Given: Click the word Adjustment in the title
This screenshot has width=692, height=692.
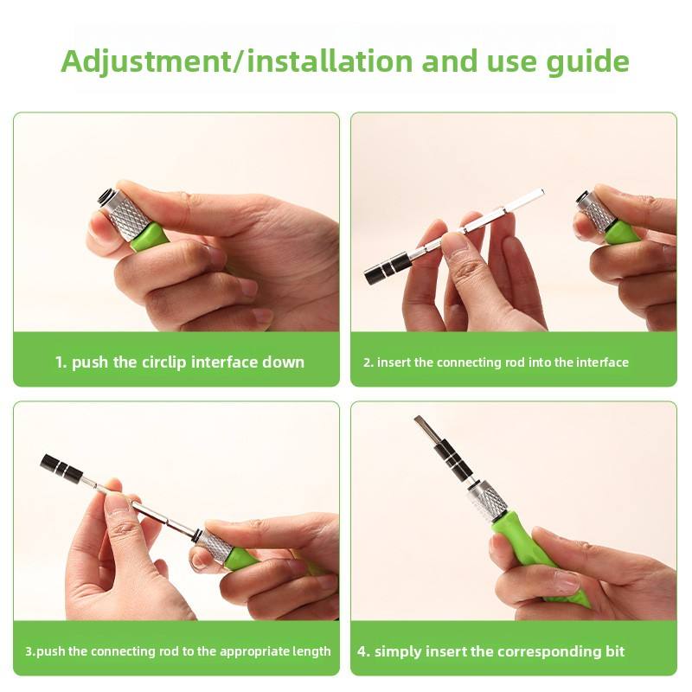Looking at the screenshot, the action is point(145,61).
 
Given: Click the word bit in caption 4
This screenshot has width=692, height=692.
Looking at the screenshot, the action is point(615,651).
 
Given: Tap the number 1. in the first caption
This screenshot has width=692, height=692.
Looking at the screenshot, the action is point(61,362).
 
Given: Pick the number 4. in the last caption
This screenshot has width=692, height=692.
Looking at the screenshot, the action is point(364,652).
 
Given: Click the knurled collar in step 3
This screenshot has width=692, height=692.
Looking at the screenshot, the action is point(217,546).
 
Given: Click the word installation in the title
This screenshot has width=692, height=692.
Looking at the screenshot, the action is point(330,61).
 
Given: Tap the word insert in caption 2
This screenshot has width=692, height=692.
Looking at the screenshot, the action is point(394,362).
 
